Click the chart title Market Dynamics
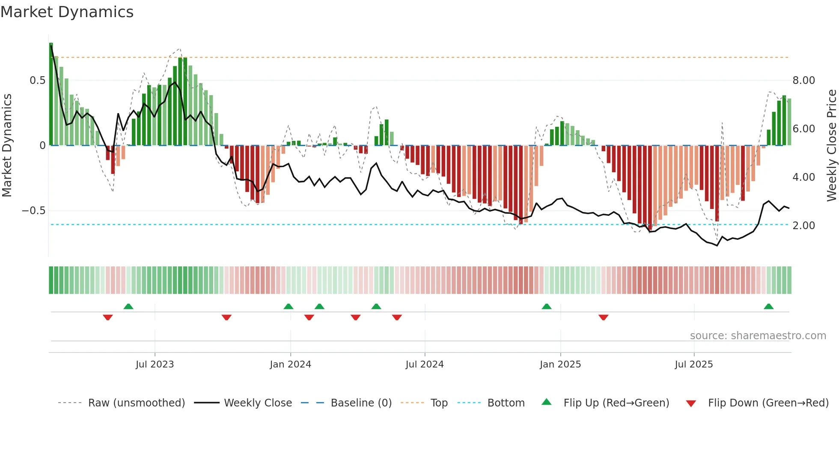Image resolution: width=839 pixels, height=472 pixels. click(67, 12)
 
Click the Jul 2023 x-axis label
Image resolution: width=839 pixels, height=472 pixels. click(155, 364)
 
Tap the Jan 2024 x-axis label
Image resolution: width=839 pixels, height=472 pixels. click(290, 364)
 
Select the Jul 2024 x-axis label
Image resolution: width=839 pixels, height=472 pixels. click(424, 364)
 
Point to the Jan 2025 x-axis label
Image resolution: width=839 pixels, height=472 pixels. click(560, 364)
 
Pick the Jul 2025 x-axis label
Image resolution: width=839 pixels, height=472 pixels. click(693, 364)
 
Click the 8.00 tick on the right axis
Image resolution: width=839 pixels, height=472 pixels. click(803, 81)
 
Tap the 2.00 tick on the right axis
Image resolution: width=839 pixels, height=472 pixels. click(803, 226)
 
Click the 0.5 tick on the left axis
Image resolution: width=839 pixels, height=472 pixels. click(37, 81)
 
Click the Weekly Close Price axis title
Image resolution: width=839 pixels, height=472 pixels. click(831, 145)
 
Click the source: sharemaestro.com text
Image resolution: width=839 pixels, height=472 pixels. click(758, 336)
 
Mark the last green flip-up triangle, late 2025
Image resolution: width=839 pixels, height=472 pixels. click(768, 307)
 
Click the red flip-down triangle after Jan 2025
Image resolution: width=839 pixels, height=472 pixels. click(603, 317)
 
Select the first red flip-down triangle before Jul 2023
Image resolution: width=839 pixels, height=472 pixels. click(108, 317)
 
